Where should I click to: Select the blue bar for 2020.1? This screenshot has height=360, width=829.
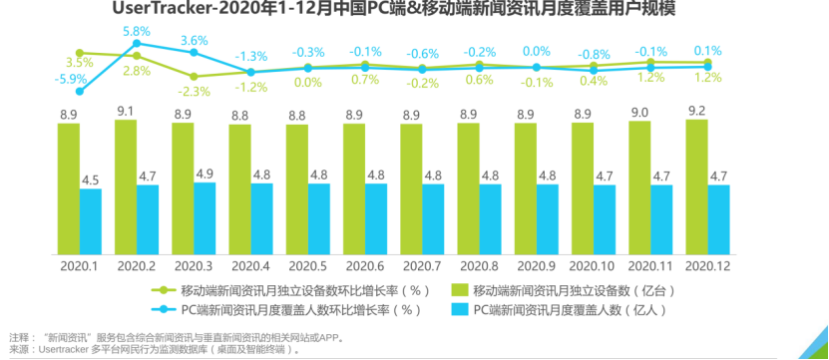(91, 220)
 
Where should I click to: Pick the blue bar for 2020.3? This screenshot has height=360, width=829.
(205, 218)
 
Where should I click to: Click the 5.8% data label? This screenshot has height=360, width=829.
(138, 32)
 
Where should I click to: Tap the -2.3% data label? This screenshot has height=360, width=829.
(194, 91)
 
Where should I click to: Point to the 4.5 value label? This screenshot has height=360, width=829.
(90, 180)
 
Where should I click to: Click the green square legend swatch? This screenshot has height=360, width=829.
(458, 290)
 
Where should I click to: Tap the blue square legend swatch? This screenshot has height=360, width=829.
(458, 310)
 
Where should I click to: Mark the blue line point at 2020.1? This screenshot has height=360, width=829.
(79, 91)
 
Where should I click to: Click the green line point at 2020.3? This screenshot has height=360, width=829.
(194, 76)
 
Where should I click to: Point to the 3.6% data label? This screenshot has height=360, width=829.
(194, 41)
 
